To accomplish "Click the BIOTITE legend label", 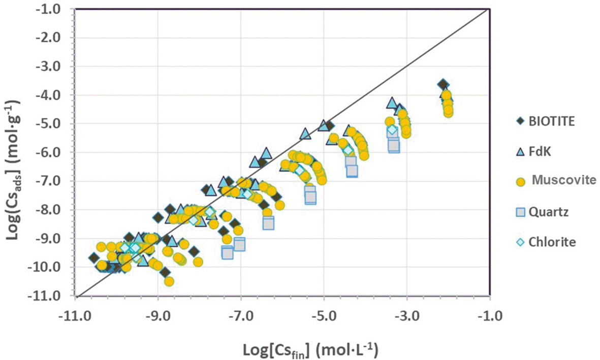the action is [552, 121].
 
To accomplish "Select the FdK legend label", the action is [540, 151].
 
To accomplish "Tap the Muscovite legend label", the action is [564, 180].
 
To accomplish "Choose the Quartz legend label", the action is [548, 212].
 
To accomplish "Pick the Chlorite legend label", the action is [552, 242].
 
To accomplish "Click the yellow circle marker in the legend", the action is [520, 182].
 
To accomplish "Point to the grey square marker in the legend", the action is [520, 212].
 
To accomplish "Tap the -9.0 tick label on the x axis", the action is [158, 317].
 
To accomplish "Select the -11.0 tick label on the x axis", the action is [75, 317].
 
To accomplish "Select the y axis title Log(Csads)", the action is [13, 170].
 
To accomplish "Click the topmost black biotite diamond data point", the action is [443, 85].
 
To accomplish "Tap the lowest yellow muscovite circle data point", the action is [169, 282].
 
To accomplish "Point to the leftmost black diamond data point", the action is [94, 257].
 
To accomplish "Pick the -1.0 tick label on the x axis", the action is [490, 317].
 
